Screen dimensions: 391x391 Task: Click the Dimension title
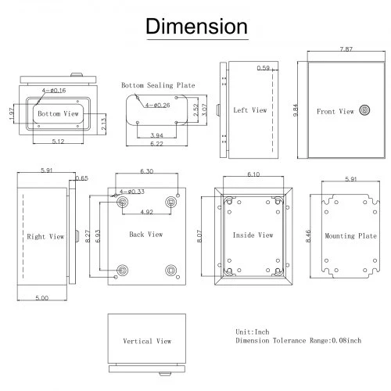[196, 27]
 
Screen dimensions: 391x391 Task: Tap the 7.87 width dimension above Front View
[346, 49]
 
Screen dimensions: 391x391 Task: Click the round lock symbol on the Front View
[364, 110]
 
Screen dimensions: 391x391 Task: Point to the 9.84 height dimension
[296, 110]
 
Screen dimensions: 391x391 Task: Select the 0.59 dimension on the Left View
[264, 68]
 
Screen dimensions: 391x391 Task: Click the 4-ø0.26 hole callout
[158, 106]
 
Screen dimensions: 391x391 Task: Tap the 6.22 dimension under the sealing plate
[156, 144]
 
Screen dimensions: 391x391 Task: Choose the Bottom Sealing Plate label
[158, 85]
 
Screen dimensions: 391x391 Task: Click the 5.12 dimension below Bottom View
[58, 142]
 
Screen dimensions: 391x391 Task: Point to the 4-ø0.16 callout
[54, 91]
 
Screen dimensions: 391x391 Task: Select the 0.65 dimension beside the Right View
[82, 178]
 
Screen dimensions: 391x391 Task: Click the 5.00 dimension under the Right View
[42, 298]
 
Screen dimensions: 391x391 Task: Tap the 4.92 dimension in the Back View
[146, 212]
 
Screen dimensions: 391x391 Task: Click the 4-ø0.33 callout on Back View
[132, 192]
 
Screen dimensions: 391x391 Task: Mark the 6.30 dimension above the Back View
[147, 171]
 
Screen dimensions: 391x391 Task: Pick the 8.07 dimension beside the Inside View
[199, 236]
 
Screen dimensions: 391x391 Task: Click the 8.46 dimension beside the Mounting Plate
[308, 236]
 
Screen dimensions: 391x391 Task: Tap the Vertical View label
[147, 341]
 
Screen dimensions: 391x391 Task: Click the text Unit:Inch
[253, 332]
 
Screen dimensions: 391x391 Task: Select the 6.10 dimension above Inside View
[253, 174]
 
